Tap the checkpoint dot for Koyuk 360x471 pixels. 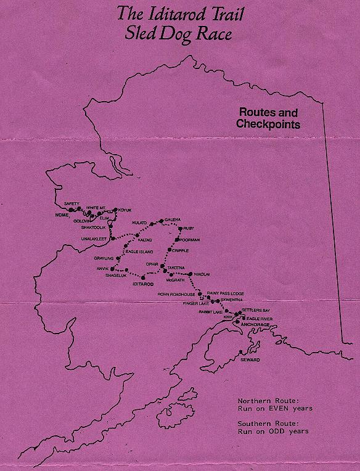tap(115, 210)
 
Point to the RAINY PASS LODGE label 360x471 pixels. tap(226, 293)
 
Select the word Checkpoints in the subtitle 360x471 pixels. tap(267, 124)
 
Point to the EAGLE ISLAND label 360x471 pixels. tap(138, 252)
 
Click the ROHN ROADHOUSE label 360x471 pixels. tap(176, 295)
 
